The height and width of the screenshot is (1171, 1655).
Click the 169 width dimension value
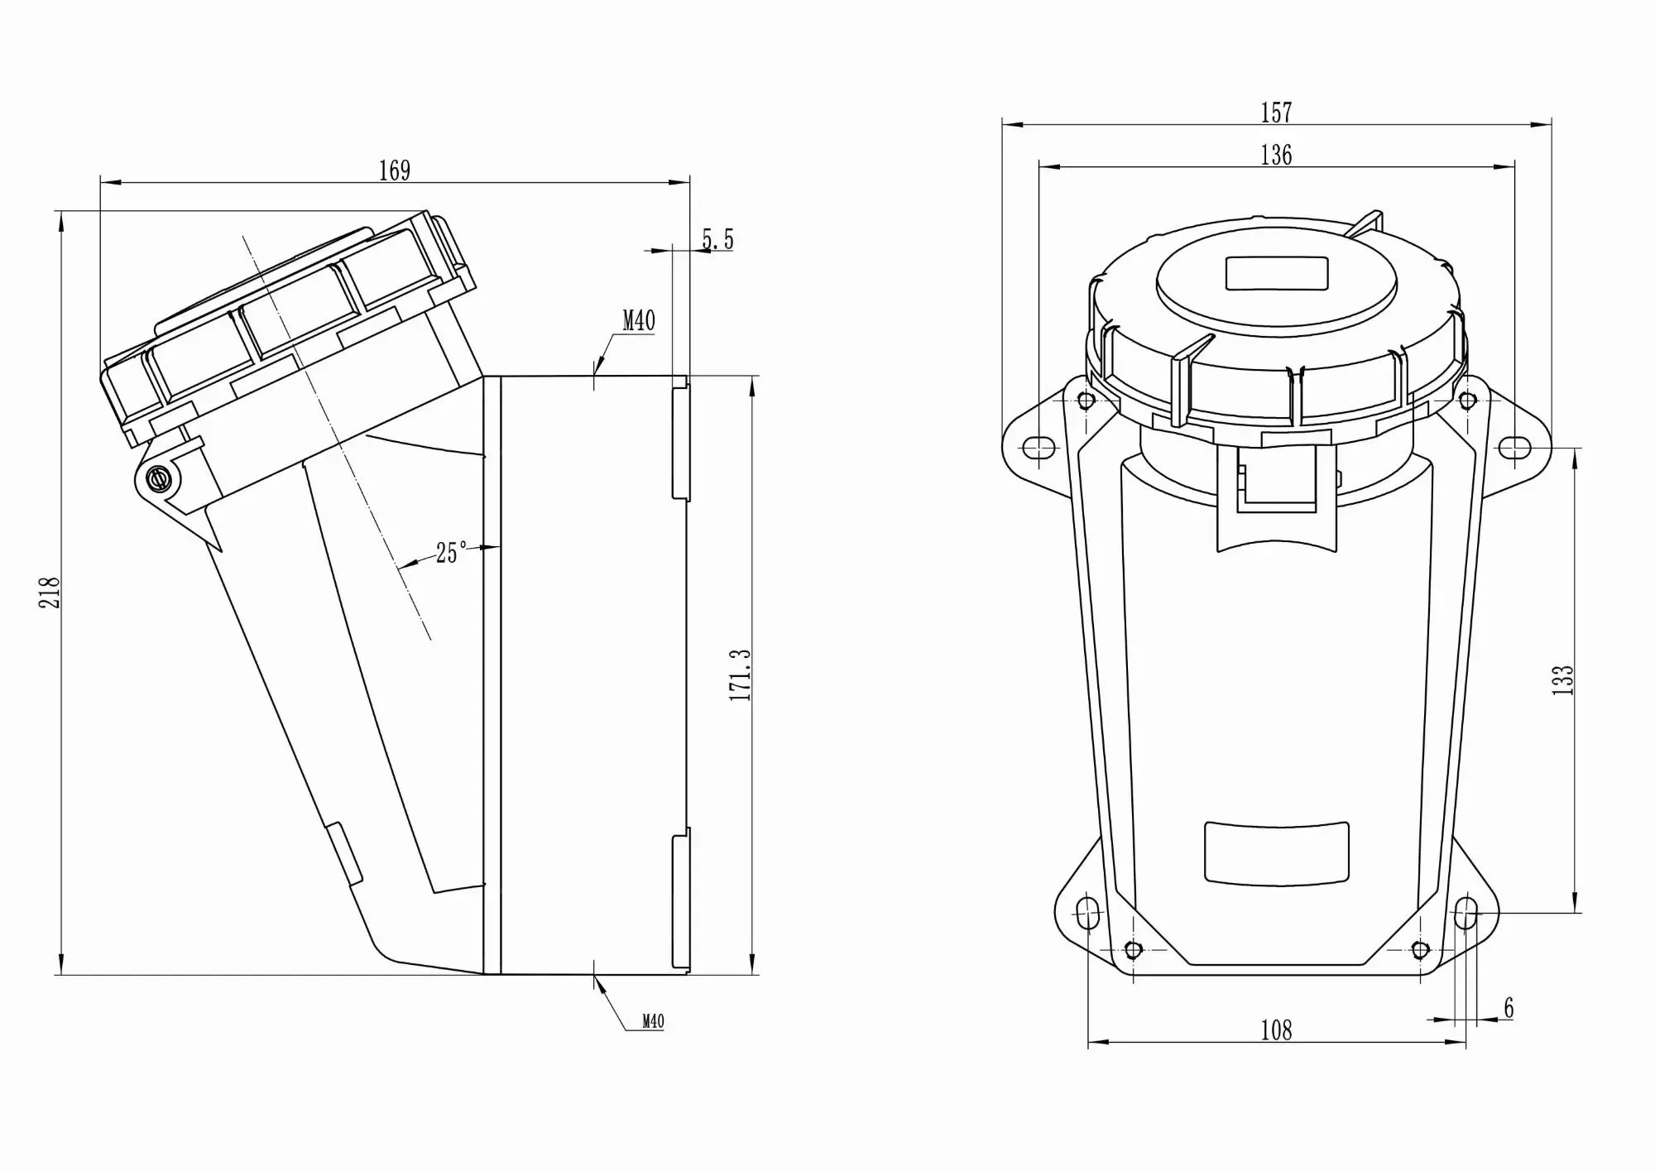(395, 170)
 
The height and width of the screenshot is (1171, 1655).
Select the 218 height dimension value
(50, 593)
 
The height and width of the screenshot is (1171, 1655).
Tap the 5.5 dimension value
(717, 239)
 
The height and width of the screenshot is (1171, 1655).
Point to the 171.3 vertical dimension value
(740, 675)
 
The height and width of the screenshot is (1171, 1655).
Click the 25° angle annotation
(451, 553)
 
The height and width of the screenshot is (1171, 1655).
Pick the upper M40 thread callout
(639, 321)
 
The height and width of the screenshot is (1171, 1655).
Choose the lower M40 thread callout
(653, 1022)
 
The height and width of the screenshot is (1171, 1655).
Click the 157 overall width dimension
(1276, 113)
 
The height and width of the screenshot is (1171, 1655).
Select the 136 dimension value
(1276, 155)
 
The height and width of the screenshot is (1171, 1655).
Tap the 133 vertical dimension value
(1562, 679)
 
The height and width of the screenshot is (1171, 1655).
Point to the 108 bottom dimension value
(1276, 1030)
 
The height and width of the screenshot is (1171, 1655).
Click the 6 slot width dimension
(1509, 1008)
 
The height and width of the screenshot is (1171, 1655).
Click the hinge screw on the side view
(157, 478)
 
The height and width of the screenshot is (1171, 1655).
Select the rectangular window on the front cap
(1276, 274)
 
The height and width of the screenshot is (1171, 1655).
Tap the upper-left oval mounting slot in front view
(1039, 448)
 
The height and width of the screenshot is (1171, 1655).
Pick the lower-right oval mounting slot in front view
(1466, 913)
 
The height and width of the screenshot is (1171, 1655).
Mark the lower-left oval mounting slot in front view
(1087, 914)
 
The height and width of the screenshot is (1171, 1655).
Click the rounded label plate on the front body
(1276, 853)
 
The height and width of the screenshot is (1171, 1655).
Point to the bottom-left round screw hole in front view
(1134, 949)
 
